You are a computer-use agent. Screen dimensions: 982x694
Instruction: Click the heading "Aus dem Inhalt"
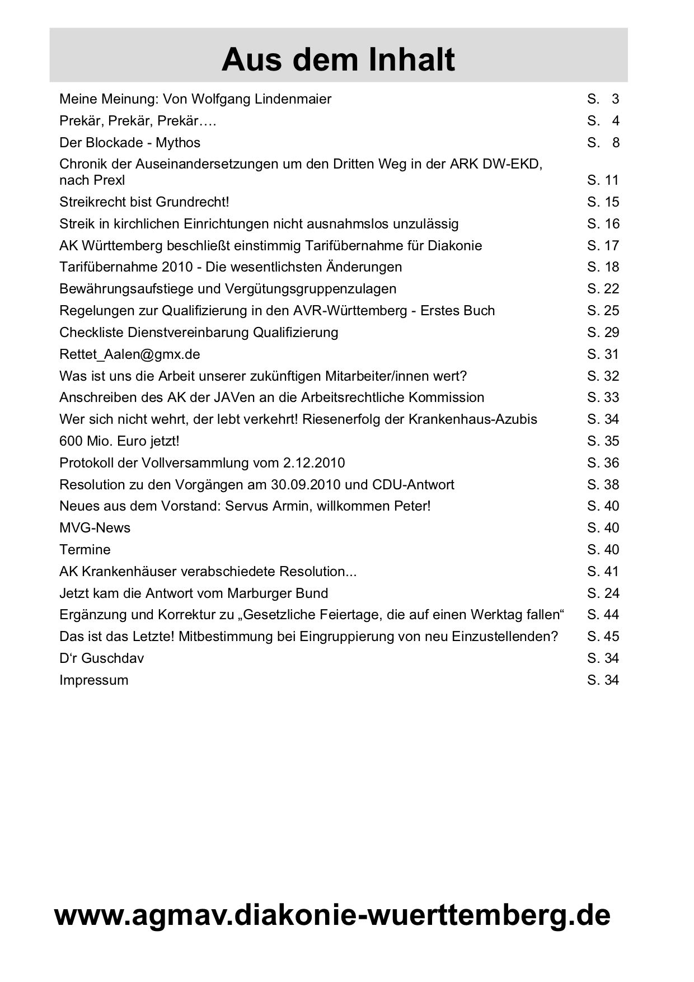(x=338, y=60)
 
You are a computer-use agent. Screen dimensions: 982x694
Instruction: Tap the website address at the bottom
(x=332, y=915)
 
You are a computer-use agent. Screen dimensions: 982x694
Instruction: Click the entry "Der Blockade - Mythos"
(x=130, y=143)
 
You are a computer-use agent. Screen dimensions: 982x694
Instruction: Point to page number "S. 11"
(x=603, y=180)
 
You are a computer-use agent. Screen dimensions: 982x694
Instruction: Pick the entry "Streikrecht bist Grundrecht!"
(x=144, y=202)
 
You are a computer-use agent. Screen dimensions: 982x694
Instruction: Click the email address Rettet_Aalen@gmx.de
(x=130, y=354)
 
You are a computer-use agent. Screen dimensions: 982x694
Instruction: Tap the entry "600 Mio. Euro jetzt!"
(x=119, y=441)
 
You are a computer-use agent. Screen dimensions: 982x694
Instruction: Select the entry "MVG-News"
(x=95, y=528)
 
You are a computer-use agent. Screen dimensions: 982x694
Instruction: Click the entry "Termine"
(x=85, y=550)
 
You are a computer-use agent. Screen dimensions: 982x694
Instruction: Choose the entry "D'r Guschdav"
(x=101, y=658)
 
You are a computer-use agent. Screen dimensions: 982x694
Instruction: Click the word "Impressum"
(x=93, y=680)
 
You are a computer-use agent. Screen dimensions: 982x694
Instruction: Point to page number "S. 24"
(x=603, y=593)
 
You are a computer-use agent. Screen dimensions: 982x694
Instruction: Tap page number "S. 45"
(x=603, y=637)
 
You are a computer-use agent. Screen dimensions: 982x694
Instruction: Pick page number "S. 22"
(x=603, y=289)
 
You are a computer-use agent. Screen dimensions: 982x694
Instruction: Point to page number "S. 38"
(x=603, y=485)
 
